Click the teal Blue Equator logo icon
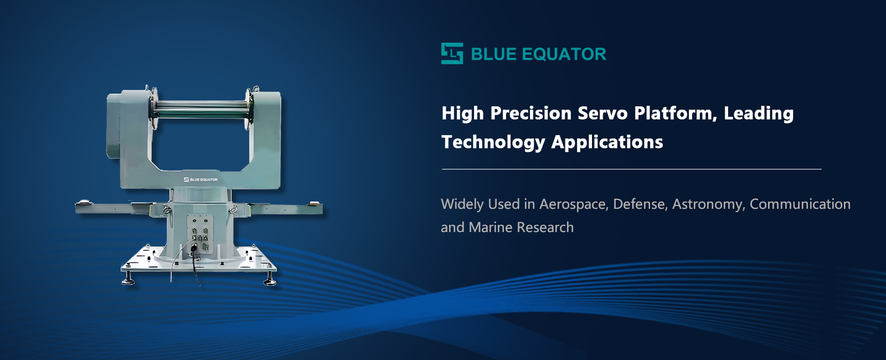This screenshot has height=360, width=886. click(x=452, y=53)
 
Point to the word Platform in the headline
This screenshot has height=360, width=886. click(x=676, y=114)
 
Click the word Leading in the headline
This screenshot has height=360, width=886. click(x=759, y=114)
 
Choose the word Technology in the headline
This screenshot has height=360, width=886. click(x=493, y=142)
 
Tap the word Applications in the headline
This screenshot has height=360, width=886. click(x=607, y=142)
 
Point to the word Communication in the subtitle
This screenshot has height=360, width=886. click(x=800, y=204)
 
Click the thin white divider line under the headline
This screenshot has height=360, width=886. click(x=632, y=169)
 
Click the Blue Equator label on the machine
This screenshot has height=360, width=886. click(x=200, y=179)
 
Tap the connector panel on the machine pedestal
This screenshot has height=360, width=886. click(x=200, y=234)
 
